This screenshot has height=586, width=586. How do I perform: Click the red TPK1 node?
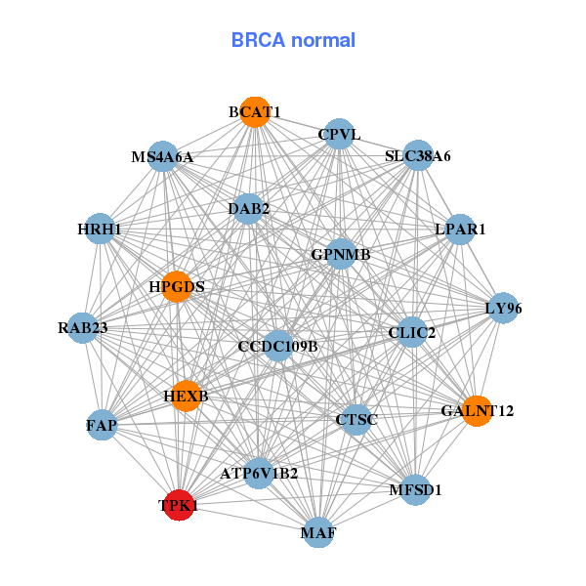click(x=178, y=505)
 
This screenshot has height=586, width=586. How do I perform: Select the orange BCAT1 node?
click(x=255, y=111)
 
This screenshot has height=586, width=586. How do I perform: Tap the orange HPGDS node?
click(x=177, y=286)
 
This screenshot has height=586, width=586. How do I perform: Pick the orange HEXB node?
click(x=186, y=397)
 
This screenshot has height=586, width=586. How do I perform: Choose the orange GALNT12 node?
click(x=476, y=410)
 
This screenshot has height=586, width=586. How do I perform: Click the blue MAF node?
click(x=318, y=533)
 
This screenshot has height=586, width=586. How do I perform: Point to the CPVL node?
click(x=339, y=135)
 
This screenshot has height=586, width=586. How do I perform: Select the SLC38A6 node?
click(x=417, y=156)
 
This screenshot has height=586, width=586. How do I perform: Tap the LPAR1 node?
click(x=460, y=230)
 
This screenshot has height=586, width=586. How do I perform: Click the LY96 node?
click(x=503, y=309)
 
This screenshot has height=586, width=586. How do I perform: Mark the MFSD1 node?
click(x=415, y=489)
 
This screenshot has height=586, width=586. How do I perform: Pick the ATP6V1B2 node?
click(x=259, y=474)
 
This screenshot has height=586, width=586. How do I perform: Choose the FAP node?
click(x=102, y=426)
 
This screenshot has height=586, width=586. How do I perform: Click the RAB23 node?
click(x=83, y=328)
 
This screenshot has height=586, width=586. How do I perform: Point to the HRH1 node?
click(x=100, y=230)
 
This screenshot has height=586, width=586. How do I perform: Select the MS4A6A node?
click(x=163, y=156)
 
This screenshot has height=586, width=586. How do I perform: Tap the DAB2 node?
click(x=249, y=208)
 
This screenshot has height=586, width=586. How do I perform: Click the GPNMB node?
click(x=341, y=255)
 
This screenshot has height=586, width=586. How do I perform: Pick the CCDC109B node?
click(x=278, y=346)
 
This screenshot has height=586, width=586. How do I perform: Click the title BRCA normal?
click(x=293, y=40)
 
